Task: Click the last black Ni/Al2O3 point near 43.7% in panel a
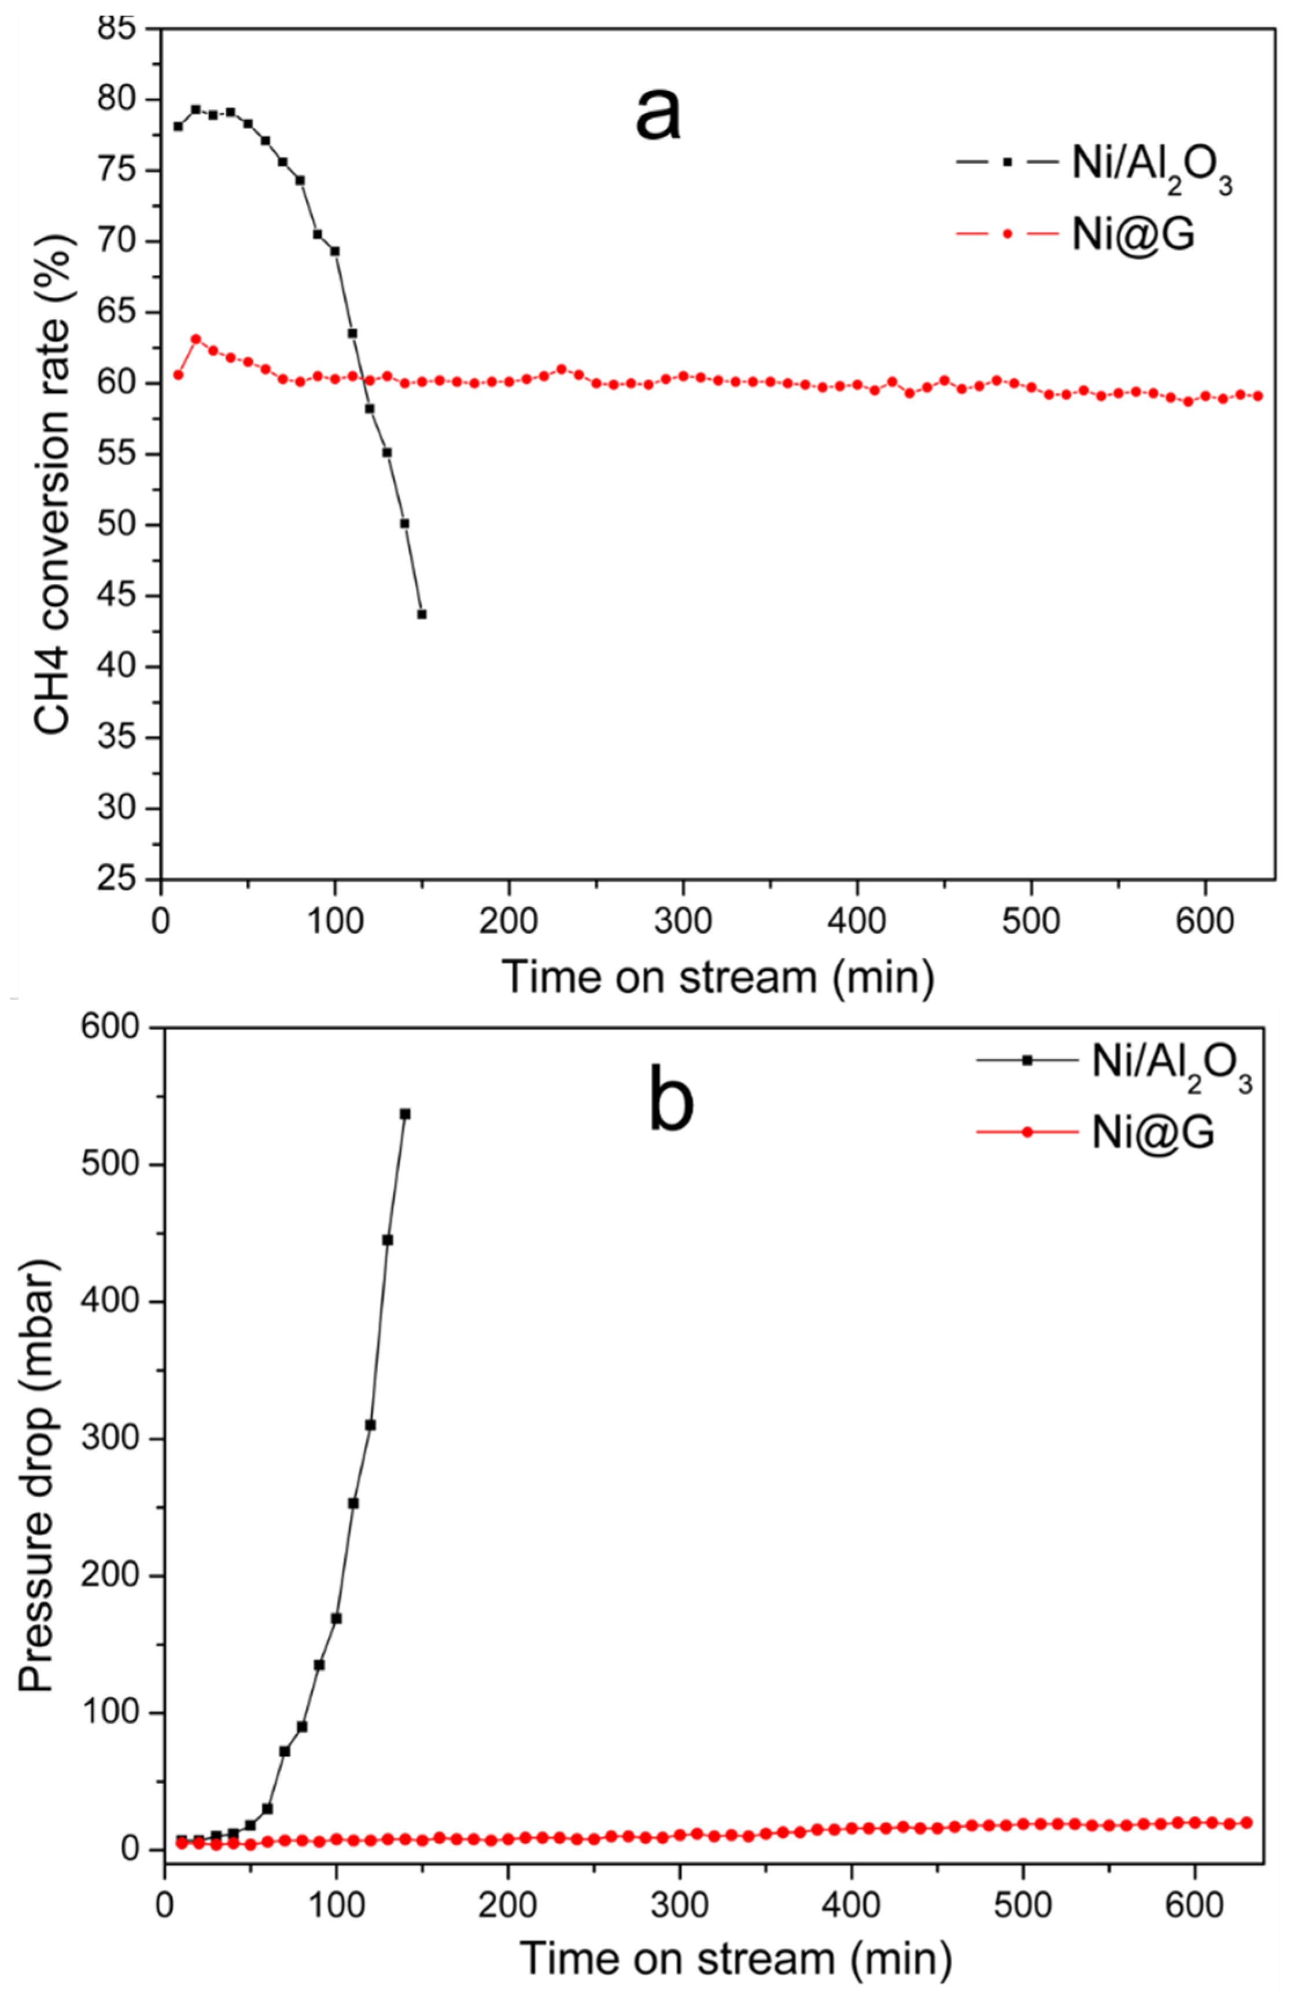tap(422, 614)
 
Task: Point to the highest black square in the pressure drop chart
tap(405, 1114)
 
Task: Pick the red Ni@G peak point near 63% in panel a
tap(196, 339)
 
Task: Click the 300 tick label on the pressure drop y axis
tap(117, 1439)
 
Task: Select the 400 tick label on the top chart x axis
tap(857, 921)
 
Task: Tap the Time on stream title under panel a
tap(718, 977)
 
